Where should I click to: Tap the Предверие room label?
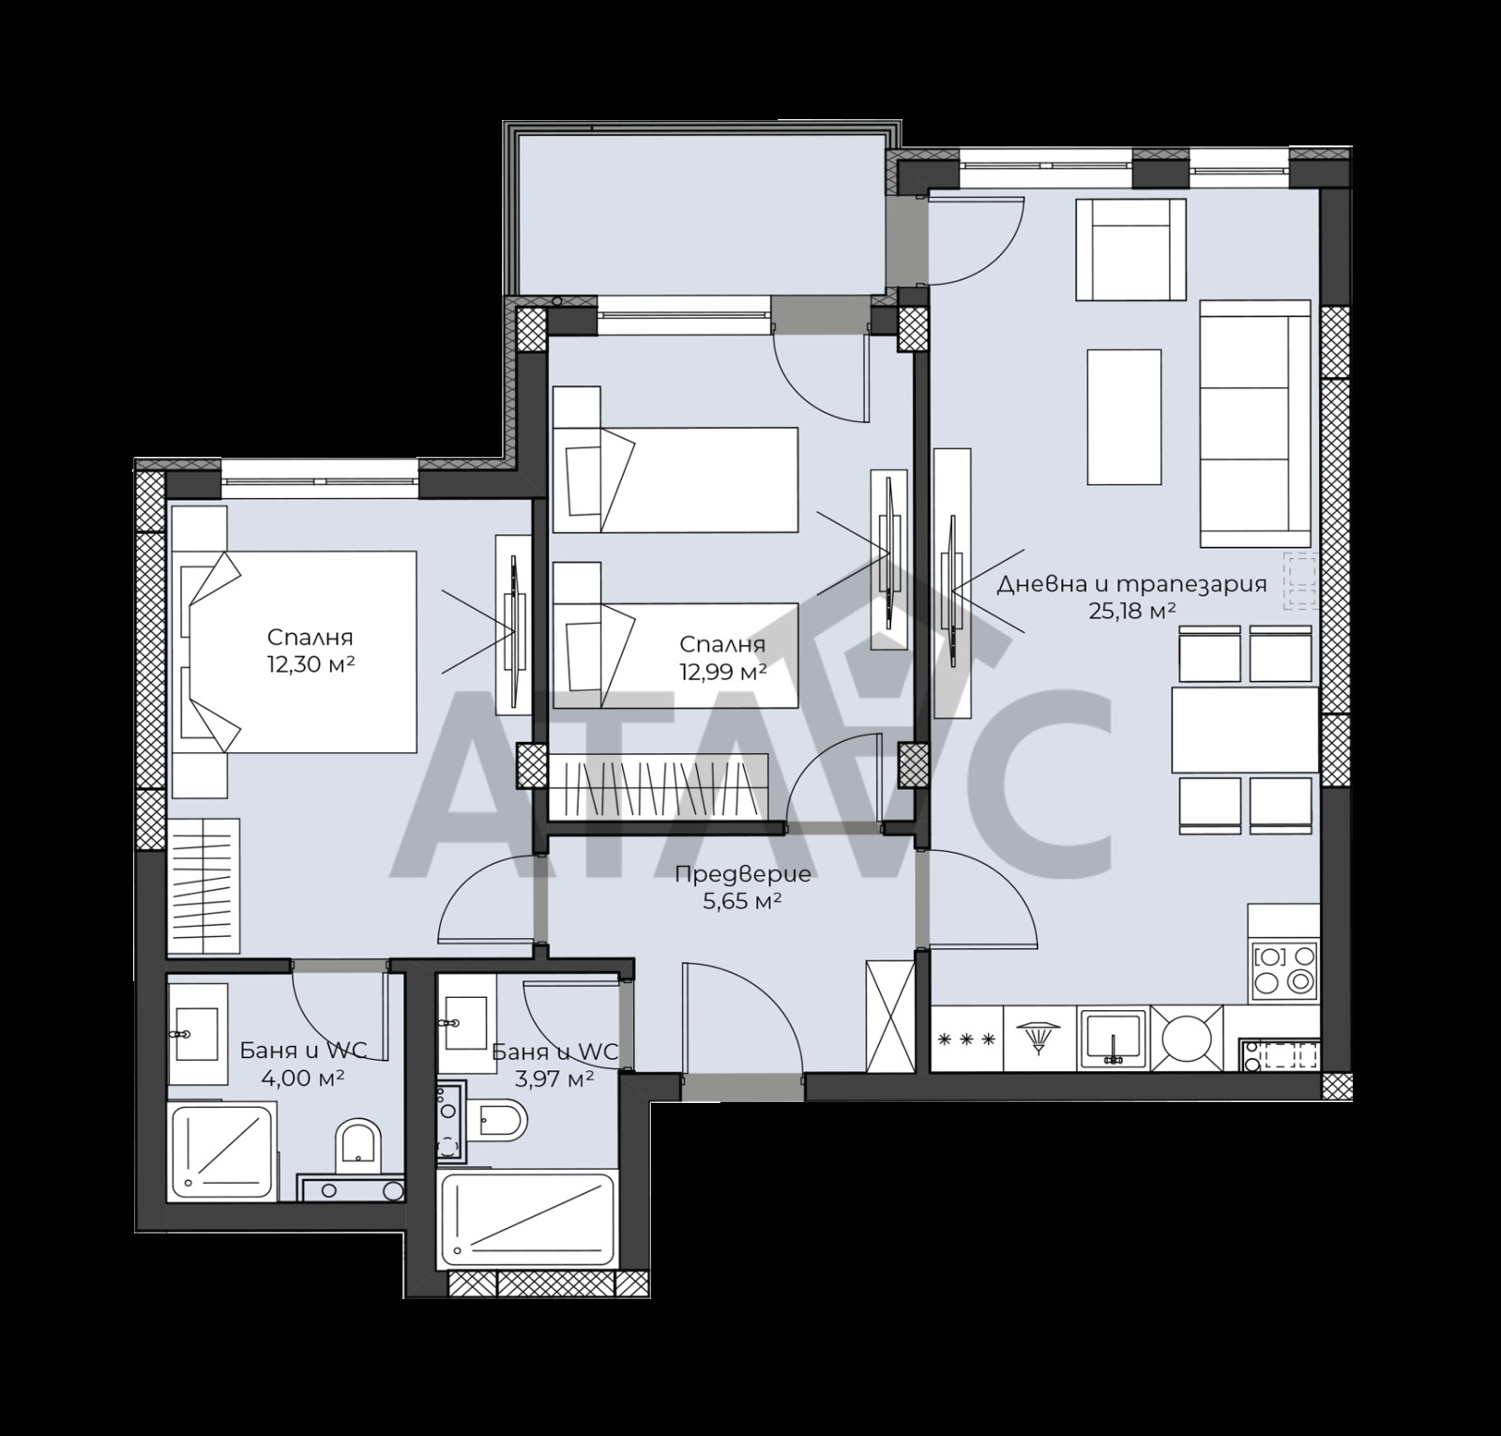click(x=743, y=875)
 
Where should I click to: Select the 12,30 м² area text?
click(x=310, y=664)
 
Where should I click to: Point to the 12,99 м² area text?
click(x=723, y=672)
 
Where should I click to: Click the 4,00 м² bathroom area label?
click(x=302, y=1077)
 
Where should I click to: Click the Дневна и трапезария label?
click(x=1131, y=583)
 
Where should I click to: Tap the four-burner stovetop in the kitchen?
click(x=1284, y=969)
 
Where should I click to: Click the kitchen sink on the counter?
click(x=1113, y=1038)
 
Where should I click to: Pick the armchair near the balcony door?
click(x=1130, y=249)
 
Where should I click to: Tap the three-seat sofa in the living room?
click(x=1254, y=423)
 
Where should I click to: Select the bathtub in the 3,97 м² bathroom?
click(x=529, y=1219)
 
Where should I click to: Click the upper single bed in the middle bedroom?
click(x=675, y=479)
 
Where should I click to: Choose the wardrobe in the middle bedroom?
click(x=659, y=786)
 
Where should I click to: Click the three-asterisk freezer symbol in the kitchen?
click(x=966, y=1039)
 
